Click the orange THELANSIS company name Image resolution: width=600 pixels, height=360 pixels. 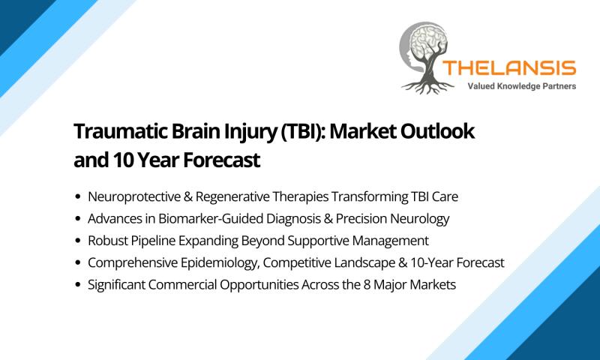click(509, 68)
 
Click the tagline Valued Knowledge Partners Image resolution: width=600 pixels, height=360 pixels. click(521, 86)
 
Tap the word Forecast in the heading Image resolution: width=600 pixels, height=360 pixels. click(221, 160)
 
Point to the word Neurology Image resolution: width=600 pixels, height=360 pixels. click(419, 219)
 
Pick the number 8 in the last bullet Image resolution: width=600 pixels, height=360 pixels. click(367, 285)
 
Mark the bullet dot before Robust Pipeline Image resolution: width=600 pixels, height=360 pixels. click(79, 241)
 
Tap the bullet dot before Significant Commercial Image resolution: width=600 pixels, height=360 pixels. click(79, 285)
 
